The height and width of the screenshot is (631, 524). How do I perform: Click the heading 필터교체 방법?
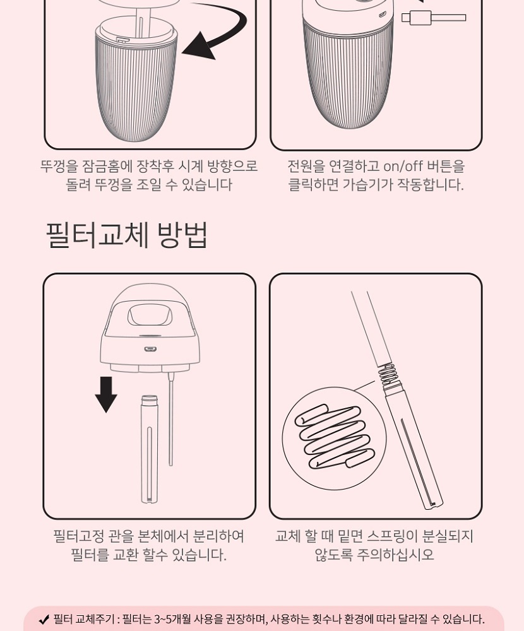click(x=127, y=235)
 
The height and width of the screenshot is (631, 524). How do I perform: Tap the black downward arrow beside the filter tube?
click(x=106, y=394)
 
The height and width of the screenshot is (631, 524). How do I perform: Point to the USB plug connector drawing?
click(x=433, y=18)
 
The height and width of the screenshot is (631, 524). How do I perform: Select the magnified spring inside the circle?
click(x=334, y=437)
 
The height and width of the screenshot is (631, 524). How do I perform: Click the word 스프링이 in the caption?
click(x=392, y=536)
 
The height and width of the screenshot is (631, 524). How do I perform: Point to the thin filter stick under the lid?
click(x=170, y=418)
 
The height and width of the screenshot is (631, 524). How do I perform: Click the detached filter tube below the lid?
click(x=150, y=449)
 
